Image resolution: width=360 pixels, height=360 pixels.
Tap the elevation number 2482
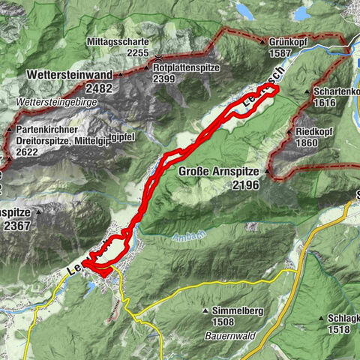[x=97, y=88]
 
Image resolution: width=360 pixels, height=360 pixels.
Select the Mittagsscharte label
[x=117, y=42]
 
